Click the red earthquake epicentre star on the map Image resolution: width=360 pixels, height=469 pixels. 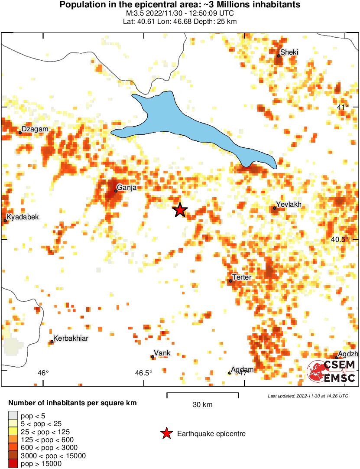coord(180,210)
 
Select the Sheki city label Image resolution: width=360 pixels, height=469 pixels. coord(289,52)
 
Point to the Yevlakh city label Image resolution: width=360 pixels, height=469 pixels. coord(289,205)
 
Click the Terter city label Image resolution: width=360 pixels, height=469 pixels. coord(242,277)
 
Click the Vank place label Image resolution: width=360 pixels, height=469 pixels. coord(162,353)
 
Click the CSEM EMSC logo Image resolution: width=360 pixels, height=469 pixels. coord(331,372)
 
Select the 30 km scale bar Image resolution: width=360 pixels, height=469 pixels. coord(202,394)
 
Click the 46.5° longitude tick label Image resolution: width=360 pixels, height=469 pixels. coord(143,373)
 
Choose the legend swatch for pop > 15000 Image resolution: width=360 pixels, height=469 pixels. coord(13,464)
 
